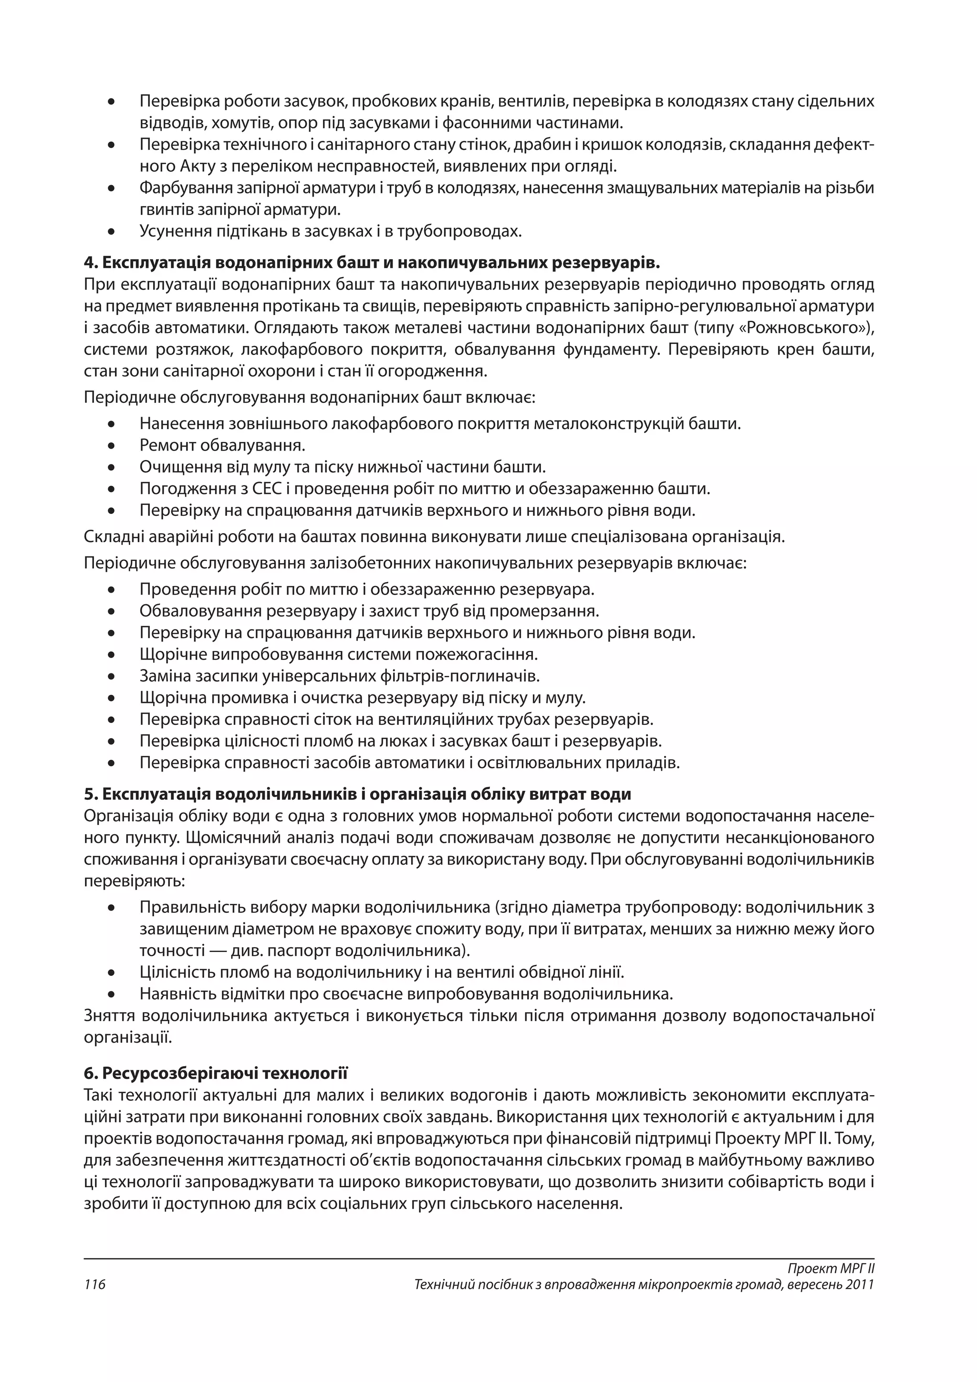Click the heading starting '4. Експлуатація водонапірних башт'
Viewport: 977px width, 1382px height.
pos(372,263)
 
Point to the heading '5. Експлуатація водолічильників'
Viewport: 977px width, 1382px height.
pos(357,794)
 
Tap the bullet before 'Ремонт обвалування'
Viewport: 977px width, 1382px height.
pos(111,446)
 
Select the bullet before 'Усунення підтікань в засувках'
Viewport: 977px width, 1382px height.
pos(111,232)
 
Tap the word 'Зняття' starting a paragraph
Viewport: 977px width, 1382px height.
pos(110,1016)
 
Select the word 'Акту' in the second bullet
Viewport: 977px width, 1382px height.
pos(198,167)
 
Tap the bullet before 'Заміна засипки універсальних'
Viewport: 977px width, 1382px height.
pos(111,677)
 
